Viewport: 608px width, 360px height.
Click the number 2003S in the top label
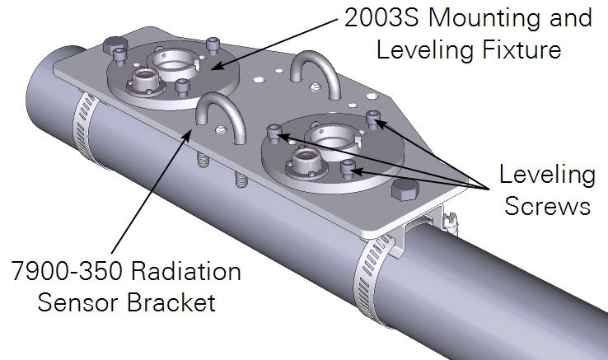click(x=381, y=17)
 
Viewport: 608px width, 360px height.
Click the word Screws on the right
click(x=547, y=205)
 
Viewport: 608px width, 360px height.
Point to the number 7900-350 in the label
click(x=66, y=270)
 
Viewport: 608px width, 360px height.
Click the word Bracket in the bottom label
click(x=171, y=302)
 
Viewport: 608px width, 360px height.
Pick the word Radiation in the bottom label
click(x=186, y=270)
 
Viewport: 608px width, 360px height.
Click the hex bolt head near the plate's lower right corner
click(x=405, y=190)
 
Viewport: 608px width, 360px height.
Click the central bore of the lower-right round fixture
click(x=331, y=136)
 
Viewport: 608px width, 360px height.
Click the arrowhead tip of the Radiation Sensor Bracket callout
click(x=190, y=131)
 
